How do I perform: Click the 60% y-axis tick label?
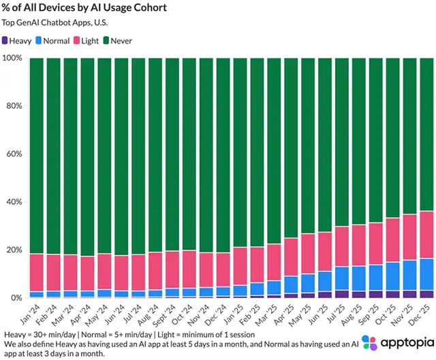[13, 154]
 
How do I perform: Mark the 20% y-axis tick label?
[13, 250]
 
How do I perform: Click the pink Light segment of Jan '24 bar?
[36, 272]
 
